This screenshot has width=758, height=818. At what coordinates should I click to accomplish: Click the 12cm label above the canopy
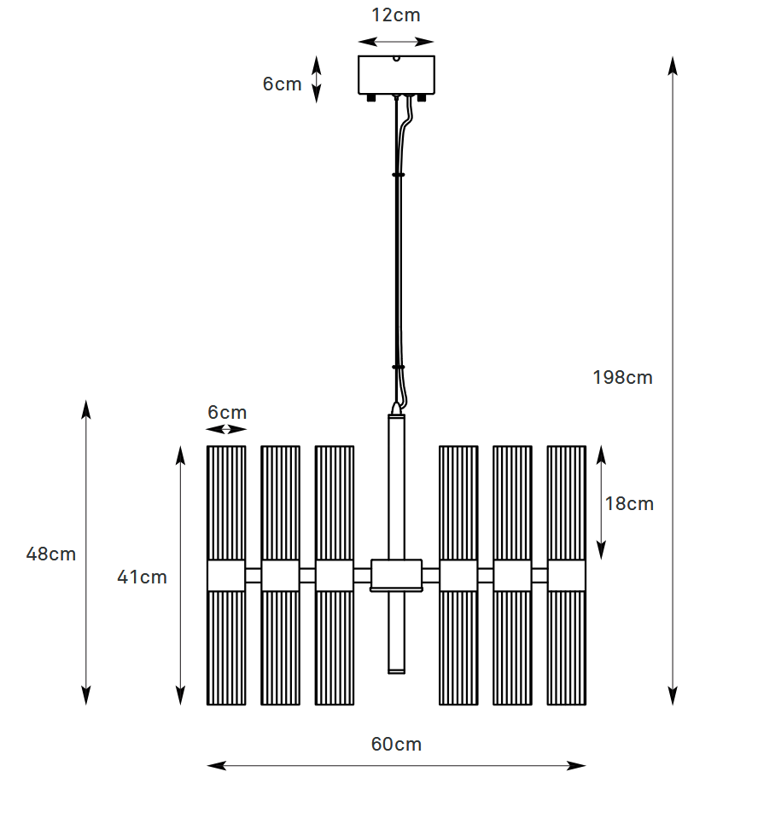tap(396, 15)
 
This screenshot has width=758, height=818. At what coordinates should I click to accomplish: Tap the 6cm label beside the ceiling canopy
tap(282, 84)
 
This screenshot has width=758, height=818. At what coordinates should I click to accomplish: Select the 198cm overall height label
tap(622, 377)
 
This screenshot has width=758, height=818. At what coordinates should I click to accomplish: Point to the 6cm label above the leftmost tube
tap(227, 413)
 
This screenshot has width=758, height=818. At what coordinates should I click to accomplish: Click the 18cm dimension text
tap(629, 504)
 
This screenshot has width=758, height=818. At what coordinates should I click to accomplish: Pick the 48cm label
tap(51, 554)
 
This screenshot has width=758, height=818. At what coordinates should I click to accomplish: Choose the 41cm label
tap(142, 577)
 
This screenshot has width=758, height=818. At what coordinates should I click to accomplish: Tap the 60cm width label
tap(396, 745)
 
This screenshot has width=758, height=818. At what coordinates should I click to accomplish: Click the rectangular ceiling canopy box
tap(396, 75)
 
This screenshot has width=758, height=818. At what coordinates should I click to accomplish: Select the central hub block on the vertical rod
tap(396, 574)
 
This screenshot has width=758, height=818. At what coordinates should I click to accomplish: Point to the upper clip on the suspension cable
tap(398, 174)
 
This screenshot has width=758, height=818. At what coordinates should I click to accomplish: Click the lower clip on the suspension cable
tap(398, 367)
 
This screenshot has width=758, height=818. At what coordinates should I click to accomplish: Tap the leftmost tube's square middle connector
tap(226, 576)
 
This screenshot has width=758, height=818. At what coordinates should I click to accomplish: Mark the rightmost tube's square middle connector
tap(567, 576)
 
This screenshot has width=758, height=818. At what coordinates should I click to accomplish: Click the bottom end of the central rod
tap(396, 670)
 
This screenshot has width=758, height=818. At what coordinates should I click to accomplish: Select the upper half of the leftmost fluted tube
tap(226, 502)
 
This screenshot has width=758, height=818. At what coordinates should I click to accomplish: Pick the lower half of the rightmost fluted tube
tap(567, 648)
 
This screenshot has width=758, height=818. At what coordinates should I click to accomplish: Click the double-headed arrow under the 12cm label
tap(396, 41)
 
